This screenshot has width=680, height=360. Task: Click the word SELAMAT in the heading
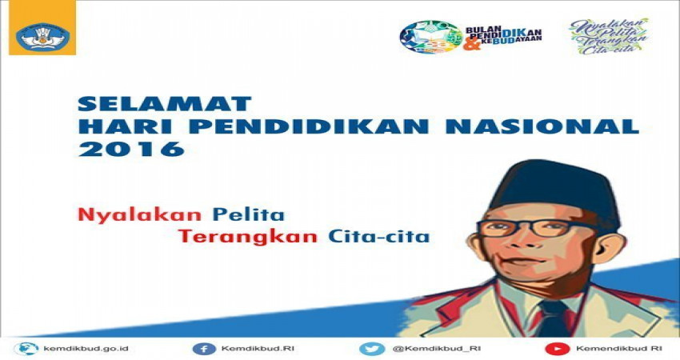click(164, 104)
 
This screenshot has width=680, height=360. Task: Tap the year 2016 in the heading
click(131, 149)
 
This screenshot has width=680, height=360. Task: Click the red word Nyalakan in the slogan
click(140, 215)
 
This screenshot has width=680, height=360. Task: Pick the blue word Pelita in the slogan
click(248, 214)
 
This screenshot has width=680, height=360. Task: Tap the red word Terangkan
click(248, 237)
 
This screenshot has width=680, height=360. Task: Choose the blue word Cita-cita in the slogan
click(378, 236)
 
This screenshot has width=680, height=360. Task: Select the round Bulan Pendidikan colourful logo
click(431, 37)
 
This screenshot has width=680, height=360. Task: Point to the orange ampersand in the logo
click(472, 43)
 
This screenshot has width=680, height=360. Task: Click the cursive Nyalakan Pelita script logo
click(609, 37)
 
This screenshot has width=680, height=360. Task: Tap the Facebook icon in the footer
click(204, 349)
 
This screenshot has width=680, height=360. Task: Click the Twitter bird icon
click(372, 349)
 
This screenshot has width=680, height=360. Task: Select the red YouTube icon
click(558, 349)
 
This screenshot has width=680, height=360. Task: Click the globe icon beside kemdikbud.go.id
click(26, 349)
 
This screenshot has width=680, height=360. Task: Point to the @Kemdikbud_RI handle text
click(437, 348)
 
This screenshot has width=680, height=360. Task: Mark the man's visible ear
click(610, 250)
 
